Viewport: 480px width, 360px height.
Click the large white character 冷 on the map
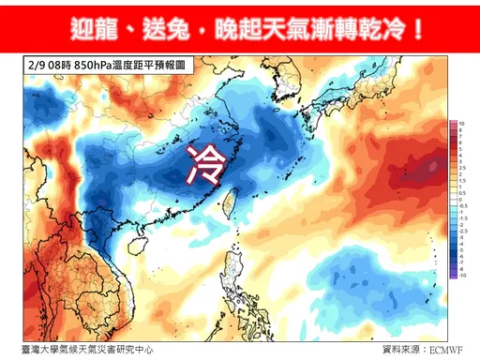(205, 162)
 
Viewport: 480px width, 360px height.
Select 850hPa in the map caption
(98, 67)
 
